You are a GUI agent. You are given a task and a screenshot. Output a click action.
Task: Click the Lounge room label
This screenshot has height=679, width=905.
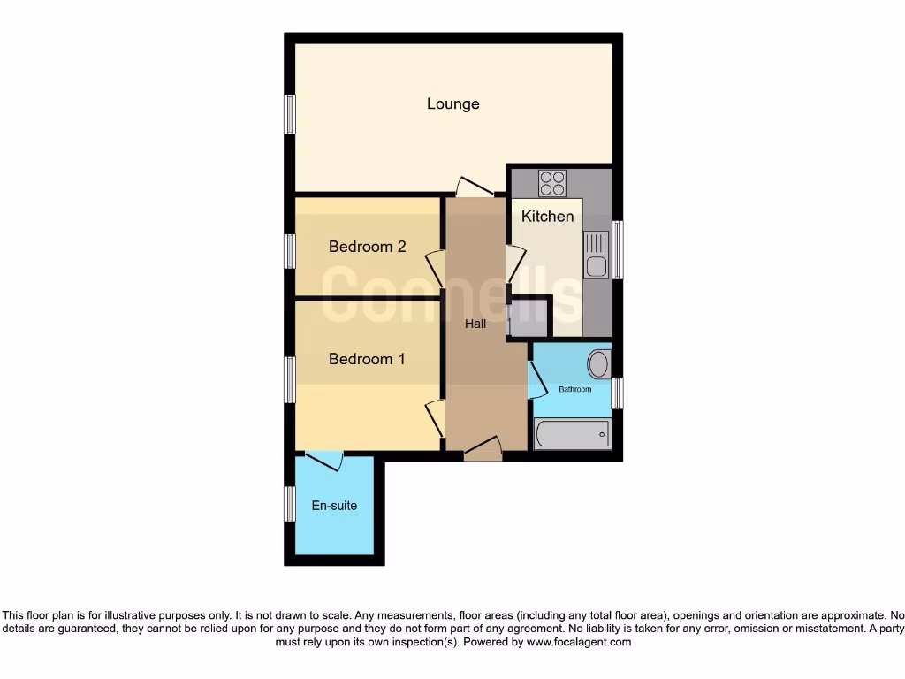(452, 103)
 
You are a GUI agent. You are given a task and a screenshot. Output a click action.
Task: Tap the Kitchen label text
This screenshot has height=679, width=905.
(547, 216)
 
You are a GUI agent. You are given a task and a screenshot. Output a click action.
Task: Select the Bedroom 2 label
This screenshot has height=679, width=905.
(367, 247)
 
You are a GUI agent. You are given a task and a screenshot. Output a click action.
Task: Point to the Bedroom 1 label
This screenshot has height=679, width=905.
(367, 359)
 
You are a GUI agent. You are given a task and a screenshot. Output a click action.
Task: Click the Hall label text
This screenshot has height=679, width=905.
(475, 324)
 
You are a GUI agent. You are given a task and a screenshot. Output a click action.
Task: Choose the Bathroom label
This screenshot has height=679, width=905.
(574, 389)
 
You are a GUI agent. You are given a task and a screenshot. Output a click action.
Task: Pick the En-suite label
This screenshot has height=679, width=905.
(334, 506)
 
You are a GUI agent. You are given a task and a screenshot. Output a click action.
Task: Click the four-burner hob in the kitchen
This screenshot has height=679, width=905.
(552, 183)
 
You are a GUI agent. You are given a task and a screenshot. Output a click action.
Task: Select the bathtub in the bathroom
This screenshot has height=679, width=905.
(572, 434)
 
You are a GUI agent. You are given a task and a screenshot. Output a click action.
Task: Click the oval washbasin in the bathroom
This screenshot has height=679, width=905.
(599, 364)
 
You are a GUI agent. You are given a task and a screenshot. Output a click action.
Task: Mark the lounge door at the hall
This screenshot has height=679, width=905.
(475, 187)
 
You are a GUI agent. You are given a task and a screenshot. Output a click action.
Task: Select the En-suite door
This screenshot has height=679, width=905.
(323, 461)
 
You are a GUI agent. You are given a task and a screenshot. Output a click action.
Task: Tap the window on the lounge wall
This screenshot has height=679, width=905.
(289, 114)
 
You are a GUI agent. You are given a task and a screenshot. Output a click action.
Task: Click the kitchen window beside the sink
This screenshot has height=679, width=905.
(618, 249)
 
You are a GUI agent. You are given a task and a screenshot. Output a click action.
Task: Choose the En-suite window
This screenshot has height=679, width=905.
(289, 504)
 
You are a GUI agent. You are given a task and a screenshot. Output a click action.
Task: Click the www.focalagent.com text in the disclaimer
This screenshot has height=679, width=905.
(578, 643)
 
